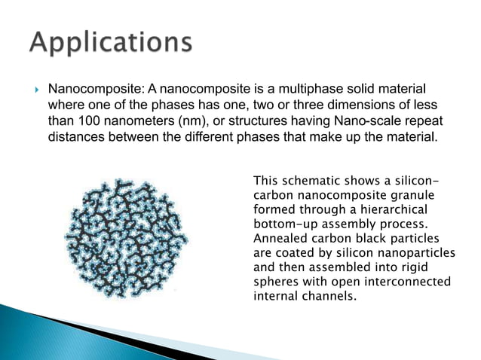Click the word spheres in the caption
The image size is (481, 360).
(x=275, y=281)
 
